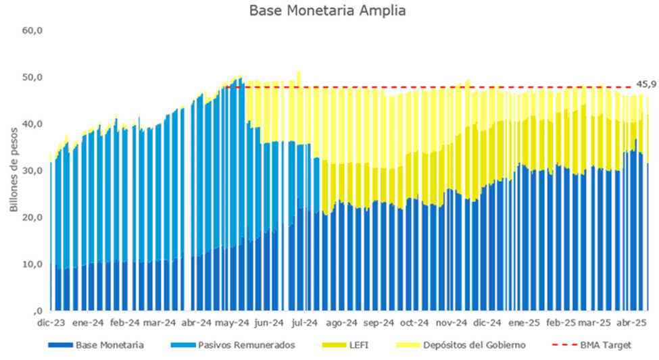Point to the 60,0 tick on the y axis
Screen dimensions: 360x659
click(x=32, y=30)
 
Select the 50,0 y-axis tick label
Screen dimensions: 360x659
click(x=32, y=77)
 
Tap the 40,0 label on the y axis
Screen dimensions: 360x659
click(x=32, y=124)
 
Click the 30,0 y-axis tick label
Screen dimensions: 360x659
click(x=32, y=170)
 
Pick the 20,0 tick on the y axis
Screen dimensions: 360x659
click(x=32, y=217)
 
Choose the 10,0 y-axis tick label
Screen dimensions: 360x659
click(x=32, y=263)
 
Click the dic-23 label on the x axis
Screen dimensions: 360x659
click(x=53, y=323)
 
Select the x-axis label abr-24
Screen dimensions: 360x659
click(x=197, y=323)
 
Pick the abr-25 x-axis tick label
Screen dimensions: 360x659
click(x=632, y=323)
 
